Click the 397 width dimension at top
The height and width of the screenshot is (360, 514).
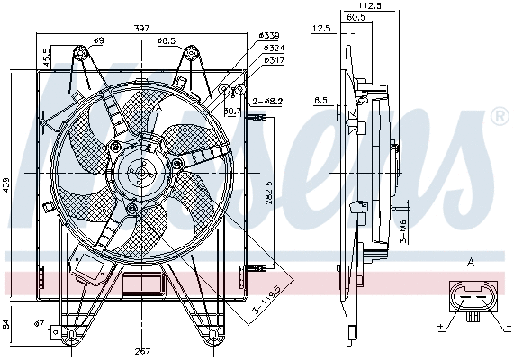click(x=140, y=28)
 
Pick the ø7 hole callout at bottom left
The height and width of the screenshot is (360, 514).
click(x=39, y=323)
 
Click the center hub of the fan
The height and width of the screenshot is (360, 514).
click(x=140, y=171)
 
